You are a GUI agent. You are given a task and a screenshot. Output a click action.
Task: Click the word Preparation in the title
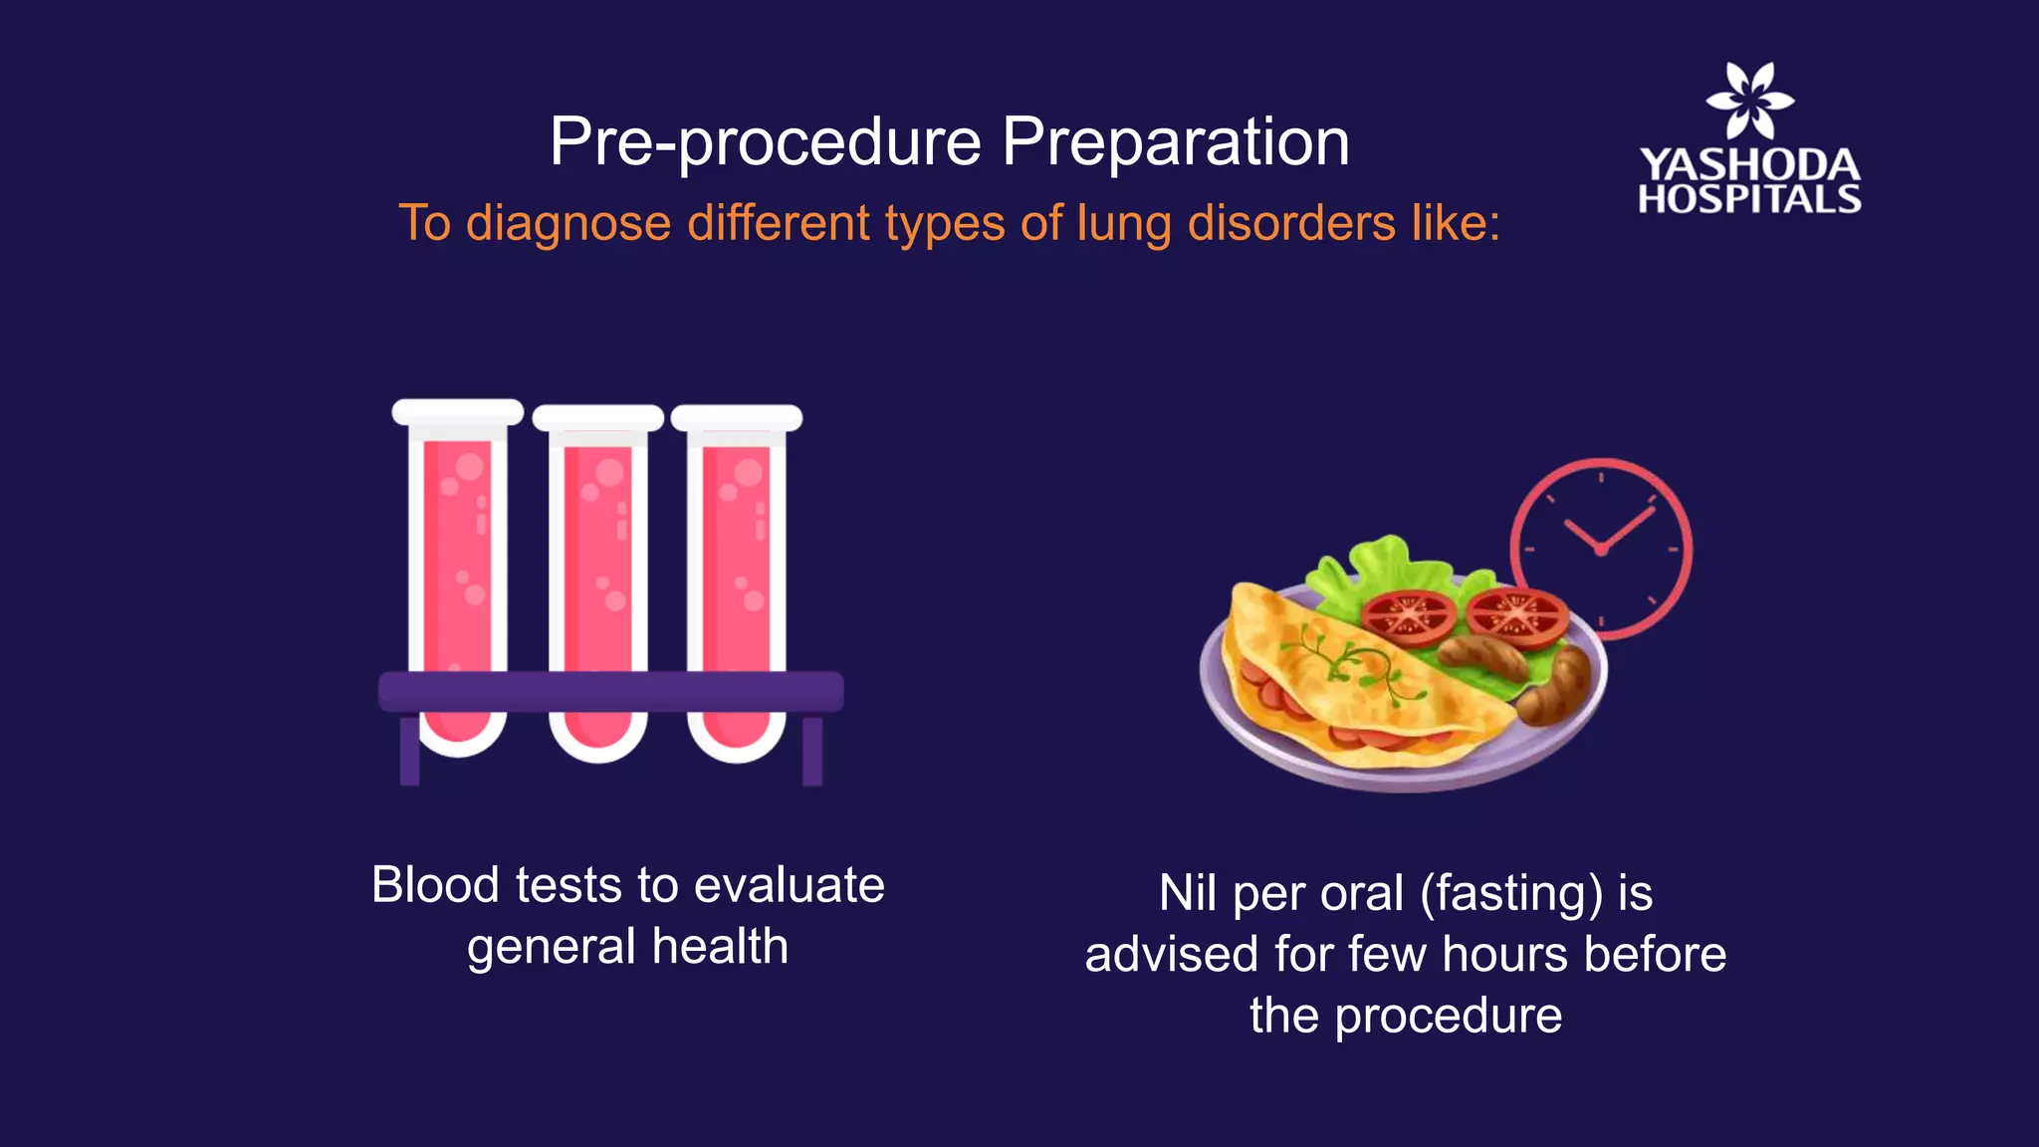point(1175,142)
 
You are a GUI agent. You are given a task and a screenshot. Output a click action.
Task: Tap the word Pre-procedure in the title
point(765,142)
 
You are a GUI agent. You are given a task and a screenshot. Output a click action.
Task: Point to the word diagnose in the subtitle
point(568,223)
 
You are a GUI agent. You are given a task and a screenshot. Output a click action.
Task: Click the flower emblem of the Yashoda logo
point(1749,100)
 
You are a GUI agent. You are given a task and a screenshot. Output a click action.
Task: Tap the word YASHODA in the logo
point(1749,165)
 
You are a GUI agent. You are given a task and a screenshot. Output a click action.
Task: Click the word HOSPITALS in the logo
point(1749,199)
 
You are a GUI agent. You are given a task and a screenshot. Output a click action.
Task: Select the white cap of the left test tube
point(457,412)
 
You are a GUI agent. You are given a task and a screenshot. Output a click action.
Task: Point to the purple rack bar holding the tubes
point(610,691)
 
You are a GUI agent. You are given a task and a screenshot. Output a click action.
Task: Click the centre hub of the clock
point(1601,549)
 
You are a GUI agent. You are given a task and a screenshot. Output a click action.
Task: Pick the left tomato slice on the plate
point(1409,614)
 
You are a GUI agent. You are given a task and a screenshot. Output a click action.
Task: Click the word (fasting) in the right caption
point(1511,893)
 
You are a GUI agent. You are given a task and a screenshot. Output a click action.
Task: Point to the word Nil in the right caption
point(1189,893)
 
